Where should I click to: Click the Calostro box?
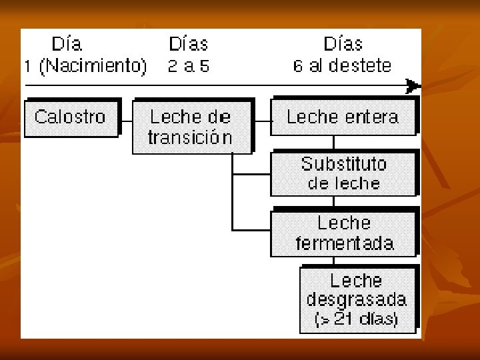coord(71,118)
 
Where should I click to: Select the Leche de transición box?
coord(191,127)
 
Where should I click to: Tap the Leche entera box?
coord(343,117)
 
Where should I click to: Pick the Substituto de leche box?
coord(343,173)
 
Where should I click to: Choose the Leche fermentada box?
coord(343,233)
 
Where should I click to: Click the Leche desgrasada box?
coord(357,299)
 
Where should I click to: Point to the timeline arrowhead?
coord(413,86)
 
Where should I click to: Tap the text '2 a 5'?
coord(189,67)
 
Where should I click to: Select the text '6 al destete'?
coord(342,67)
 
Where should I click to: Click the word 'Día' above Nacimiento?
coord(67,45)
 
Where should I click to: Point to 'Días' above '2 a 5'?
coord(189,45)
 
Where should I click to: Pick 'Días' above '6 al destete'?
coord(343,45)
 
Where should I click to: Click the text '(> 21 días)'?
coord(357,319)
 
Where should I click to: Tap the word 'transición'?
coord(191,138)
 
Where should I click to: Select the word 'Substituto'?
coord(343,164)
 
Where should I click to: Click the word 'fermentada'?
coord(344,243)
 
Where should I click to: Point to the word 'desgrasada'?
coord(357,300)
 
